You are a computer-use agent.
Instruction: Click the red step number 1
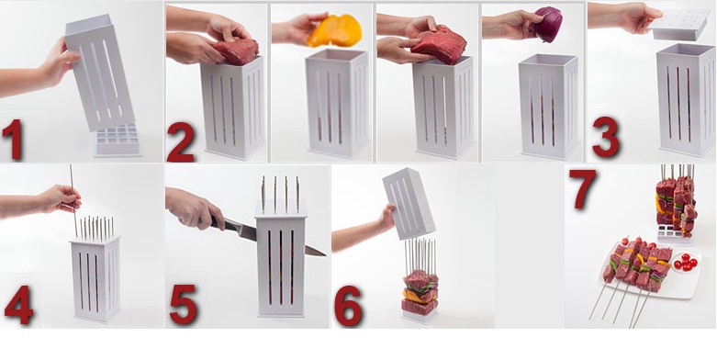click(12, 139)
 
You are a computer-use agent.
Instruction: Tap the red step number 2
click(181, 141)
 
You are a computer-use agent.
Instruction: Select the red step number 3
click(606, 137)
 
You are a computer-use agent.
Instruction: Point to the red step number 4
click(18, 305)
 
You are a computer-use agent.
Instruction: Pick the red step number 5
click(184, 305)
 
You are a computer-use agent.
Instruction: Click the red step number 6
click(349, 306)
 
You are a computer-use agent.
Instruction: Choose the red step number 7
click(582, 188)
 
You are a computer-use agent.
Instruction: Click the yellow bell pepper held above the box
click(335, 30)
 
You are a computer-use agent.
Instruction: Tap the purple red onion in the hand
click(548, 24)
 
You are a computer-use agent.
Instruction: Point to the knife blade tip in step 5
click(325, 254)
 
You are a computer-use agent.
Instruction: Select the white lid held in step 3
click(678, 24)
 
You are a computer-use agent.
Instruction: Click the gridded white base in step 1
click(118, 141)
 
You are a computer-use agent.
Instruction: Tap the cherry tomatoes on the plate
click(686, 262)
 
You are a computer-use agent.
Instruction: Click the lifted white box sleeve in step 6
click(409, 203)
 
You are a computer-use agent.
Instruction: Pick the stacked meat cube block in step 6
click(420, 293)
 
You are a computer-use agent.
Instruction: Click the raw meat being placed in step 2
click(235, 51)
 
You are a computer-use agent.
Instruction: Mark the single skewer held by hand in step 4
click(73, 201)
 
